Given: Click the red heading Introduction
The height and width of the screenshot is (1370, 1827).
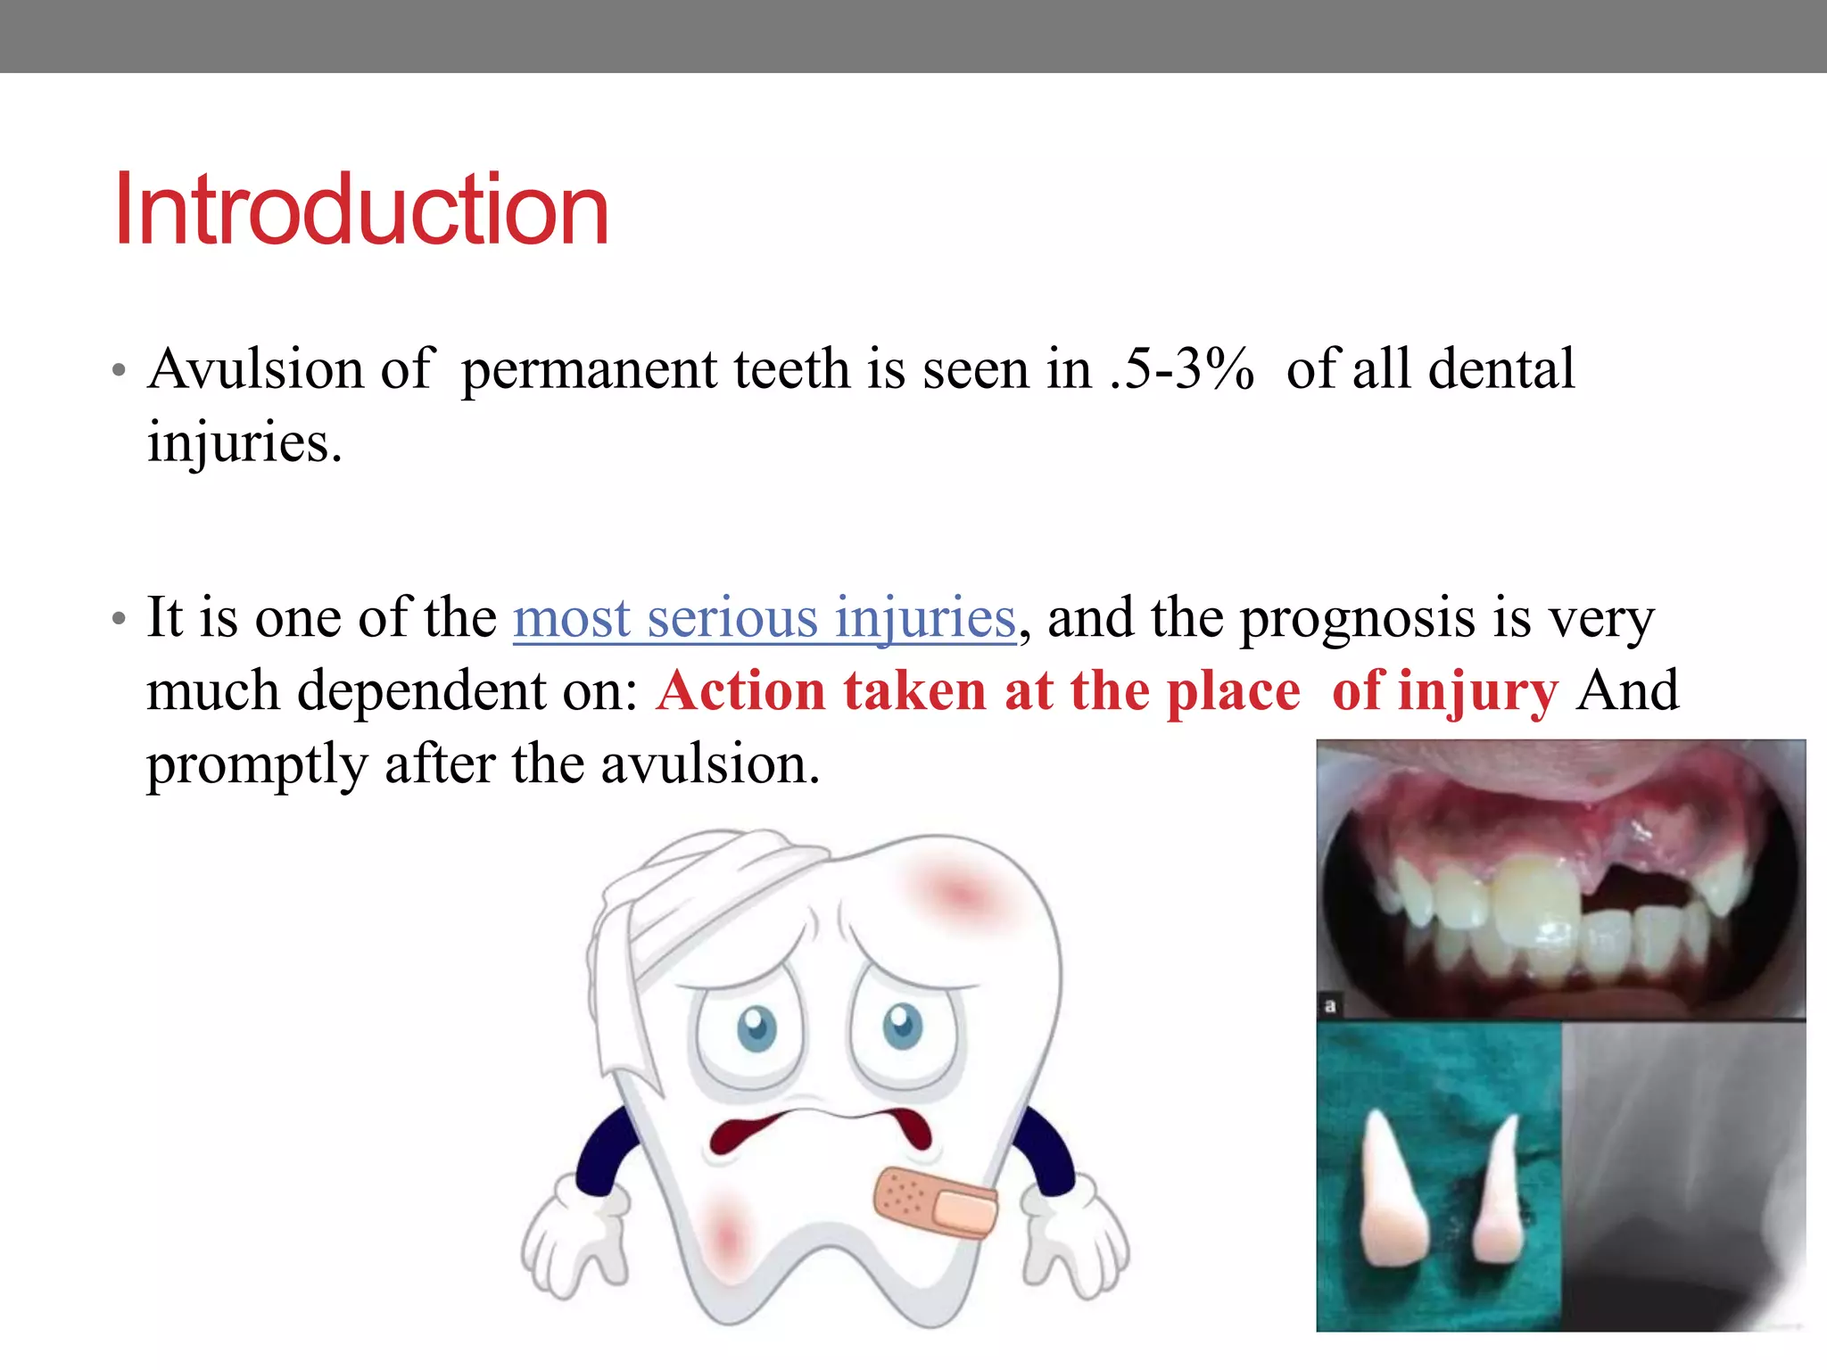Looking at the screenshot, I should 361,210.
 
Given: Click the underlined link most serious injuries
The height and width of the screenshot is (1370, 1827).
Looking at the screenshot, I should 765,618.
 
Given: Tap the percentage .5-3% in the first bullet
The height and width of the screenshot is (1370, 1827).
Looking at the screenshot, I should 1182,369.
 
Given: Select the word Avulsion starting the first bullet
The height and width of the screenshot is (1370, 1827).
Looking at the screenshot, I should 255,369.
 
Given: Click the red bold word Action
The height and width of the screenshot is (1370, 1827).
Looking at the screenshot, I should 741,691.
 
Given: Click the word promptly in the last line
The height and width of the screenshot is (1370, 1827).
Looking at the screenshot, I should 257,765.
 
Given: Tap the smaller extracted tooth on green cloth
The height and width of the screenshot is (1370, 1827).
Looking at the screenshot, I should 1499,1195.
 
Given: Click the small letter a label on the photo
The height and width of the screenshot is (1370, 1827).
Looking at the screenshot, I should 1330,1006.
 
